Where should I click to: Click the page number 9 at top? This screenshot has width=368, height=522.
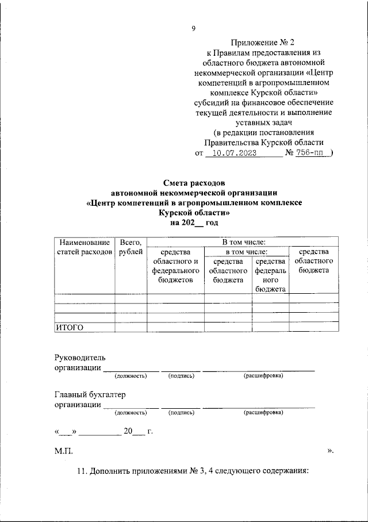coord(194,29)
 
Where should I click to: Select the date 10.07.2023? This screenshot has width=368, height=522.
coord(233,153)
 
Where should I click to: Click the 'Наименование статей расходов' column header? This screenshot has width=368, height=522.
coord(84,247)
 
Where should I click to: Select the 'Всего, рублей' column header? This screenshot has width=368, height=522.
coord(131,247)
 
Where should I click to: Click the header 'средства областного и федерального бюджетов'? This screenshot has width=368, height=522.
coord(175,266)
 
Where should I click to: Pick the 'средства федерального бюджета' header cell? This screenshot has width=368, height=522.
coord(270,275)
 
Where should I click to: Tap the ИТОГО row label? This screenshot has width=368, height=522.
coord(70,328)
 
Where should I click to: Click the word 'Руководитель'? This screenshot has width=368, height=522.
coord(80,358)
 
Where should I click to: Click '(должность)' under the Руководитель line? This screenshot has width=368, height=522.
coord(131,376)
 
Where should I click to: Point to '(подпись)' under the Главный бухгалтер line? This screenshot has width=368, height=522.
coord(181,412)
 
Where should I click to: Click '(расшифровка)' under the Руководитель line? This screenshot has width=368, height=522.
coord(263,376)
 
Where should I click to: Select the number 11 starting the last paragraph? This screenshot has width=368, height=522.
coord(81,471)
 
